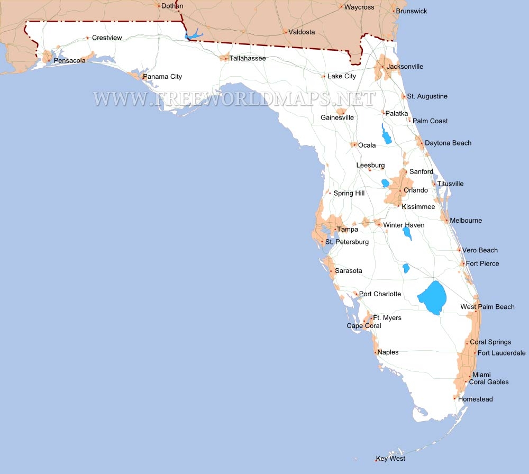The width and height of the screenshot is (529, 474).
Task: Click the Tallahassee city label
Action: [x=247, y=58]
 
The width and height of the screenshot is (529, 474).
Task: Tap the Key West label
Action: [x=390, y=459]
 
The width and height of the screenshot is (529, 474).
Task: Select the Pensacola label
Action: [x=69, y=61]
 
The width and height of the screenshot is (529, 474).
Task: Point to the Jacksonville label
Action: [x=405, y=67]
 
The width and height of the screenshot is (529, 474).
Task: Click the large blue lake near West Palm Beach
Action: [x=433, y=298]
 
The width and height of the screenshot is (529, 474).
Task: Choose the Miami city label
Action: [x=481, y=375]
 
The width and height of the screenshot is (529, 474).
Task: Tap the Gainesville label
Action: [x=337, y=117]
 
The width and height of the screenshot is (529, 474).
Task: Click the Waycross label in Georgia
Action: [x=359, y=7]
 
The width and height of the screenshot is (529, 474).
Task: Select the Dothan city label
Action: [x=172, y=6]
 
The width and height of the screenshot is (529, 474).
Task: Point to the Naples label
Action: [x=388, y=352]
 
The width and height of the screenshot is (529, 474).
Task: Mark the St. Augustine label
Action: [x=427, y=96]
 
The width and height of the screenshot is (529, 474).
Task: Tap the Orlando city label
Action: [x=415, y=190]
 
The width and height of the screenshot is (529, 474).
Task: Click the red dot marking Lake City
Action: [x=324, y=77]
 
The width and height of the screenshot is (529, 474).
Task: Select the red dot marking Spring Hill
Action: [x=330, y=193]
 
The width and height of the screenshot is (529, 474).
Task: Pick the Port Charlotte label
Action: [x=380, y=294]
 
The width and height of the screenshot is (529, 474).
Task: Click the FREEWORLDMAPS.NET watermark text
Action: [x=234, y=99]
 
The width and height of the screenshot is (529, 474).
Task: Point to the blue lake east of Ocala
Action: [x=387, y=134]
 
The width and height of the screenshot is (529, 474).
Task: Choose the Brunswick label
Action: [x=411, y=11]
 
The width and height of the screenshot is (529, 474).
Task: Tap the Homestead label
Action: [x=475, y=399]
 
